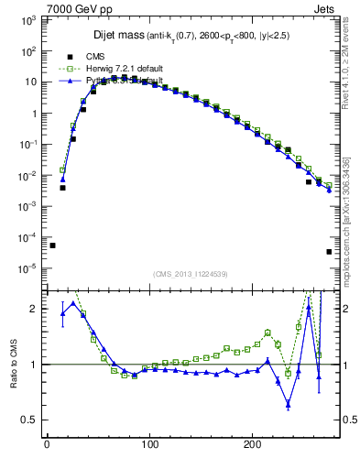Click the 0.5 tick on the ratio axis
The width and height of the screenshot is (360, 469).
(x=30, y=420)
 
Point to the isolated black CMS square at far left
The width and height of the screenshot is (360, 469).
(x=52, y=245)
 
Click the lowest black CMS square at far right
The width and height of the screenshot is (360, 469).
(x=329, y=252)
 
